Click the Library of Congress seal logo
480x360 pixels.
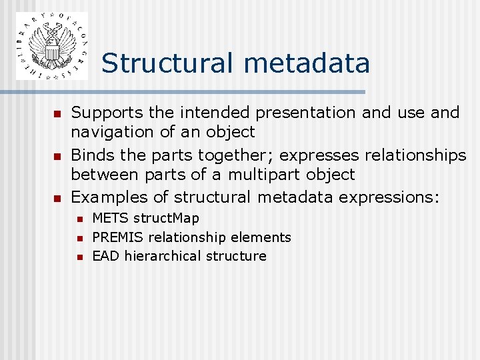click(51, 46)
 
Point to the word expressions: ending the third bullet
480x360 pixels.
click(389, 197)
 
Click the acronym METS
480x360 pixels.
click(111, 218)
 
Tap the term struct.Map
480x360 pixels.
click(166, 218)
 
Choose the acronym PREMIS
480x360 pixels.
click(118, 237)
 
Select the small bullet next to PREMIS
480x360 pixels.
click(80, 238)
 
